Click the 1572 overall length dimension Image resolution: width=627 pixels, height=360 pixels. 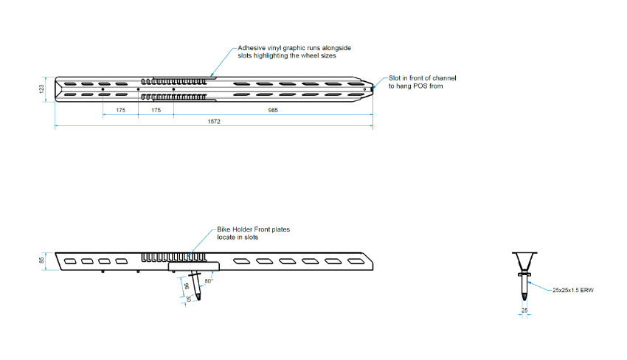pos(214,122)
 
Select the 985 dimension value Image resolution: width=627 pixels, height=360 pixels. pos(273,110)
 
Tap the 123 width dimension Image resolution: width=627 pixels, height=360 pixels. pos(41,89)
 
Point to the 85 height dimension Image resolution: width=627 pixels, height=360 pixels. pos(41,260)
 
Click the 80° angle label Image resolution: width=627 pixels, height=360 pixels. pos(209,281)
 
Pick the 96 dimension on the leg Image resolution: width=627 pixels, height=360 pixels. pos(187,286)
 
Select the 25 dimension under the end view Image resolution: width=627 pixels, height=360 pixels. pos(524,311)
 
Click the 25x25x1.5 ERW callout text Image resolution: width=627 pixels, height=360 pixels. pos(573,290)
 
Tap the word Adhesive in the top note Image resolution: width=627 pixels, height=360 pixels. pos(252,48)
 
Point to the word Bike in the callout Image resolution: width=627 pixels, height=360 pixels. pos(224,229)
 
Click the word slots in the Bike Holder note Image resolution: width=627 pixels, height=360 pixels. pos(251,238)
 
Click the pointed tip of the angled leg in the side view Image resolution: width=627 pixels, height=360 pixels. pos(198,300)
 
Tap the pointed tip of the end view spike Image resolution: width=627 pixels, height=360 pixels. pos(524,300)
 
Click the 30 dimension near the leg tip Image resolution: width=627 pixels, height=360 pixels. pos(189,298)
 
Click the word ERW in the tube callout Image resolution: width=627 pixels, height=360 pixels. pos(587,290)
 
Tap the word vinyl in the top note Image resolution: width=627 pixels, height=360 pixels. pos(274,48)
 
